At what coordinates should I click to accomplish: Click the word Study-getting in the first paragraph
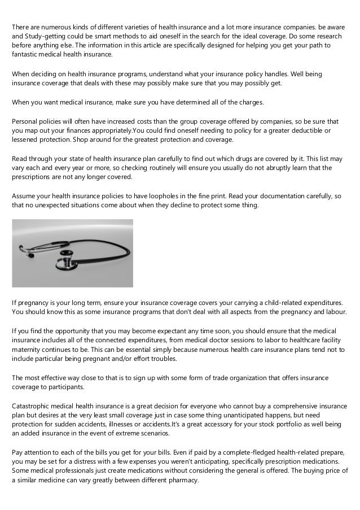click(46, 36)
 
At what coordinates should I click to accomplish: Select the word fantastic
click(26, 55)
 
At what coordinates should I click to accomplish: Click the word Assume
click(24, 196)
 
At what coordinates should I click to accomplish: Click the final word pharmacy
click(181, 481)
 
